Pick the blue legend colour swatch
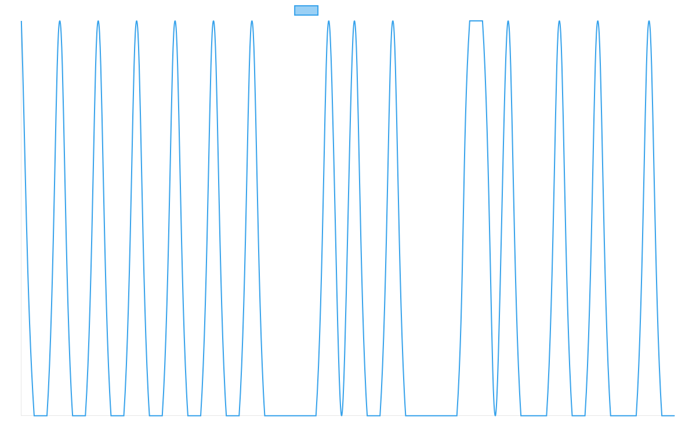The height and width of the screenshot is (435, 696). pos(306,10)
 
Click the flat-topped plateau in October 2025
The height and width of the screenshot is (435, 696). pos(476,21)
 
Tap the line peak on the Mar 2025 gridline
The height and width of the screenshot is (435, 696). pos(60,21)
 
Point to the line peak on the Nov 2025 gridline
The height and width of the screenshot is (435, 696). pos(508,21)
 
